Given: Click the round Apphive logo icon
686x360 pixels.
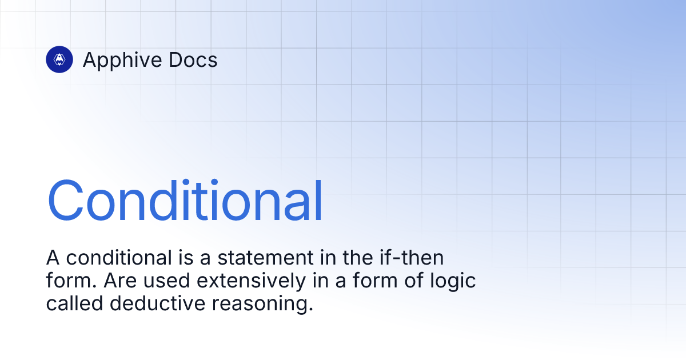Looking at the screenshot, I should pyautogui.click(x=59, y=59).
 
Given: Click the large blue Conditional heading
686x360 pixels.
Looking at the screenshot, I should pyautogui.click(x=185, y=202).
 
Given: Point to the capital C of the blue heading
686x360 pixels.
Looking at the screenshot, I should pyautogui.click(x=67, y=202).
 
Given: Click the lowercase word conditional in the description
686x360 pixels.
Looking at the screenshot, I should pyautogui.click(x=117, y=258).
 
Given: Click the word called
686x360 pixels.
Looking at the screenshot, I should pyautogui.click(x=74, y=304).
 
